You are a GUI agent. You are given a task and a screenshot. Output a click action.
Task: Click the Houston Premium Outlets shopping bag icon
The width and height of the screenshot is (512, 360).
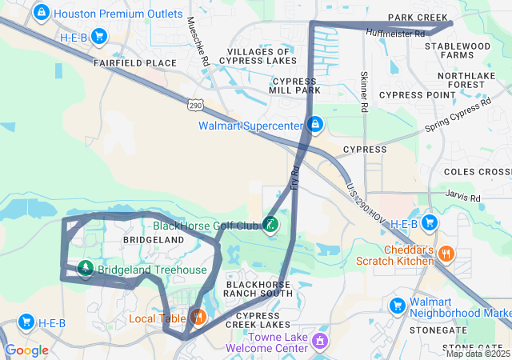coord(40,13)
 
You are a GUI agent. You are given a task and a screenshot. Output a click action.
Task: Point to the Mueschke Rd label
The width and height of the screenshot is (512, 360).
coord(204,50)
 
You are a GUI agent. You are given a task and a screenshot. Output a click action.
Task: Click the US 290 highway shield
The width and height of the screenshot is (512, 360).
coord(196,105)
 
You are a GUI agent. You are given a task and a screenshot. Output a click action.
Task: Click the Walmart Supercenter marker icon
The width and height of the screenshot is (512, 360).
coord(316,125)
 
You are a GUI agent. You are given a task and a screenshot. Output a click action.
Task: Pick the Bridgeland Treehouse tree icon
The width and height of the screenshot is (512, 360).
coord(85,270)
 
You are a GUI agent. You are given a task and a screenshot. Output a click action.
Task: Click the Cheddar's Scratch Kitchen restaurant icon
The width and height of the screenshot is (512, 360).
coord(446,254)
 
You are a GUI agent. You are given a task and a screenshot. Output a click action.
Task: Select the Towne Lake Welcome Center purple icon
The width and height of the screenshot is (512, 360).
coord(319,342)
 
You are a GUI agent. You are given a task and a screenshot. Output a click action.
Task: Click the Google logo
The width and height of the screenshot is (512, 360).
coord(26,350)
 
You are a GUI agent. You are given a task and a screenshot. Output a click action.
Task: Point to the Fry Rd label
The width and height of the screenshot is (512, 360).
coord(294,176)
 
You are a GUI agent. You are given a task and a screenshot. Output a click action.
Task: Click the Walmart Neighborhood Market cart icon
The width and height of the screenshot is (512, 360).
coord(397,306)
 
